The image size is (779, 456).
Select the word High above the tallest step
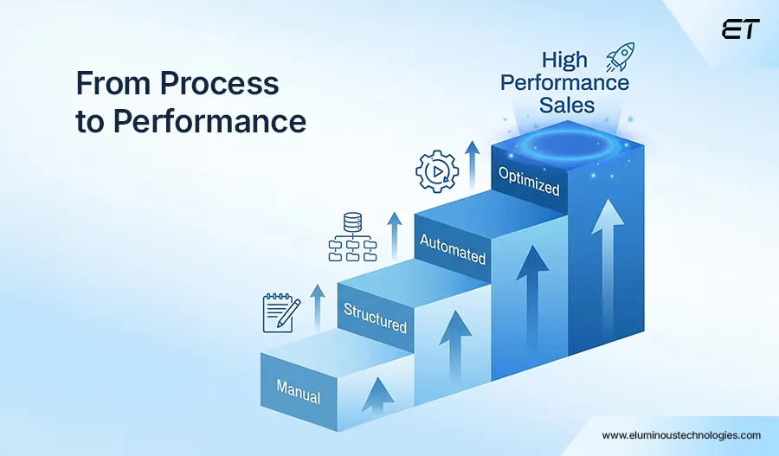tap(563, 60)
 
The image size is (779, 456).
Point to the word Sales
tap(567, 106)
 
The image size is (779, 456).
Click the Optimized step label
tap(529, 181)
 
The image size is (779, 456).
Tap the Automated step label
tap(452, 248)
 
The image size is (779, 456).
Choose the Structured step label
tap(375, 318)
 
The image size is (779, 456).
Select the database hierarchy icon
tap(351, 238)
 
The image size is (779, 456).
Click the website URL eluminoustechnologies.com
tap(681, 435)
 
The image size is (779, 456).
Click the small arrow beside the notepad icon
tap(318, 305)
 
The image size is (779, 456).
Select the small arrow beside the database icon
tap(395, 232)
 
